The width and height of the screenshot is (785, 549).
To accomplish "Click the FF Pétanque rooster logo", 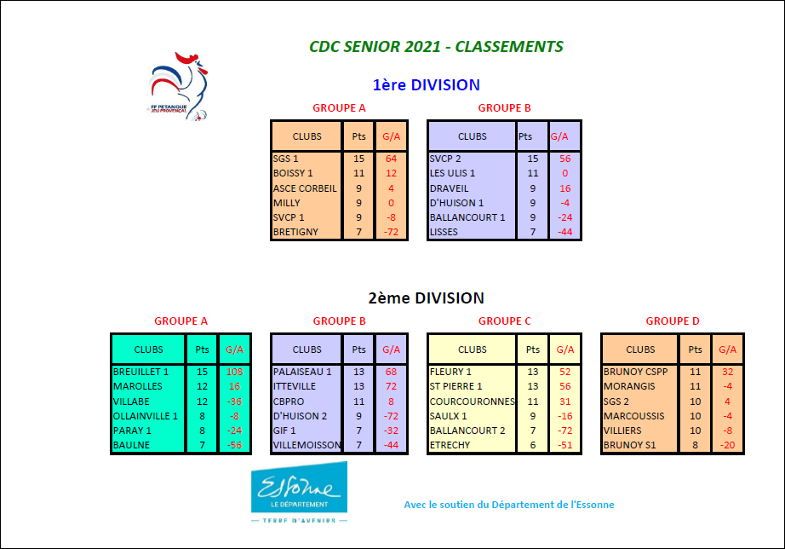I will pos(180,86).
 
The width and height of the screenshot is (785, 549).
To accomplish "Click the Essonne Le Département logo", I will pos(299,492).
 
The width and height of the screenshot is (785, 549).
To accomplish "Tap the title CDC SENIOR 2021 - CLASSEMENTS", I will pos(436,47).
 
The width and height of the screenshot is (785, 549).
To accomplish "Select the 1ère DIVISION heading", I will pos(426,84).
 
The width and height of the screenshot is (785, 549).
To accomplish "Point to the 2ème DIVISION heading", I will pos(426,298).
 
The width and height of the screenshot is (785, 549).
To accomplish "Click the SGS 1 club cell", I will pos(286,159).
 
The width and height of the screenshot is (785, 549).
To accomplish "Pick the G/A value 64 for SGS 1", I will pos(391,159).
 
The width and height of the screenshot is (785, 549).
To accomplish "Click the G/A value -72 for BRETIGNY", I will pos(391,232).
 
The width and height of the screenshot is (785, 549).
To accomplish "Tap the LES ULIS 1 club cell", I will pos(453,173).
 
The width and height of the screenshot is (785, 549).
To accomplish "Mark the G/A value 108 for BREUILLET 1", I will pos(234,372).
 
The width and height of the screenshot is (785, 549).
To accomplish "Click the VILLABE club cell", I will pos(131,401).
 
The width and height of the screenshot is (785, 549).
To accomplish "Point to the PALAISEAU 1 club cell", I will pos(302,372).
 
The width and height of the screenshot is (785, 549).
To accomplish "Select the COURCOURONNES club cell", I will pos(473,401).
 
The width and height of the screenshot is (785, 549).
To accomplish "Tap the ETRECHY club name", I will pos(450,445).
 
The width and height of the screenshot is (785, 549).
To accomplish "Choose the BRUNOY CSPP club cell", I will pos(636,372).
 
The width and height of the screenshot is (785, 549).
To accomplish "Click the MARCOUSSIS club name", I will pos(635,416).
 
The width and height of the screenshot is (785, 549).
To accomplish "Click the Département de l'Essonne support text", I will pos(508,505).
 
